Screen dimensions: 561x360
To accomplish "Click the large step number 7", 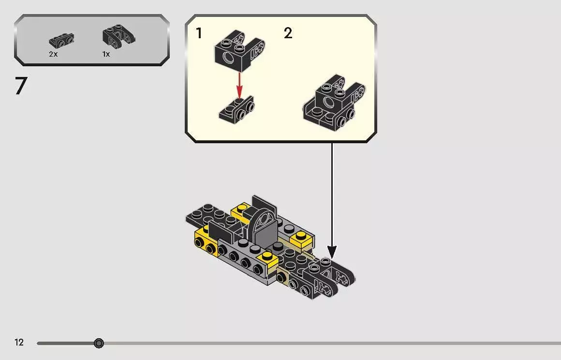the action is (21, 86).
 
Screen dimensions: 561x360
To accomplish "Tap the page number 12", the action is (19, 342).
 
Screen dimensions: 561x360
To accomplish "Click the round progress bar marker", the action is (99, 343).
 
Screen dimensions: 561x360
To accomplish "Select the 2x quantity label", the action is (53, 54).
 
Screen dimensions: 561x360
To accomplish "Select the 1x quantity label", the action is (106, 54).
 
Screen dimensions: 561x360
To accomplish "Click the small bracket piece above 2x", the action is (61, 41).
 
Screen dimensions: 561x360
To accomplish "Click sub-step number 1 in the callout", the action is (199, 33).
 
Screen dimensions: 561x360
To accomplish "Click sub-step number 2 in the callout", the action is (288, 33).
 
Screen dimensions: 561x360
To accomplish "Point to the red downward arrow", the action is (239, 85).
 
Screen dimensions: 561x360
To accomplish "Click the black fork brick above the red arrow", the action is (239, 50).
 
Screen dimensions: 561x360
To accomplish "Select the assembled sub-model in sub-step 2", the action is (333, 104).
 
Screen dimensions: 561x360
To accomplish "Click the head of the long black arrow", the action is (332, 252).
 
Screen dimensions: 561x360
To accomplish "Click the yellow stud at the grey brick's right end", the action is (267, 255).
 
